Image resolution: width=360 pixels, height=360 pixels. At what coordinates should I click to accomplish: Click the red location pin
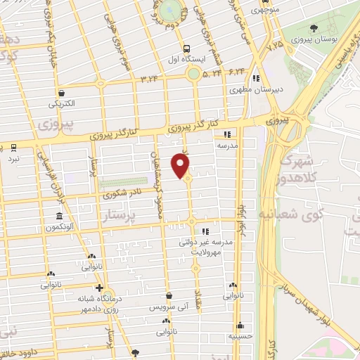(x=181, y=165)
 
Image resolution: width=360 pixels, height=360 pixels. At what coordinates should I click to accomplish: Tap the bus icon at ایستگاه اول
(x=186, y=49)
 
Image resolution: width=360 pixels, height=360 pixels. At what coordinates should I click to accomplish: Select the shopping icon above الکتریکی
(x=62, y=93)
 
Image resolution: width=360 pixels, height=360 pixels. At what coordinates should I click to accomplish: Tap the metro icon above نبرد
(x=14, y=148)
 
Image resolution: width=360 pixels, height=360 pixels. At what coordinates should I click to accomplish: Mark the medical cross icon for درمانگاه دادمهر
(x=101, y=288)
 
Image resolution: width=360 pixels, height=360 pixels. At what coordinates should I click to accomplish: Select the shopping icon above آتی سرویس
(x=169, y=297)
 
